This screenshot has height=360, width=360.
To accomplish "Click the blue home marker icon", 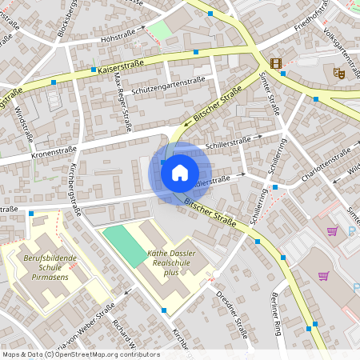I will pyautogui.click(x=180, y=171).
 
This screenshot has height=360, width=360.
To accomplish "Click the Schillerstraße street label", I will pyautogui.click(x=228, y=142).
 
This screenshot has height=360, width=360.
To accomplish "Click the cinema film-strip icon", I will pyautogui.click(x=276, y=63).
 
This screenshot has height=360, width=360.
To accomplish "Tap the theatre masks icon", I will pyautogui.click(x=338, y=73).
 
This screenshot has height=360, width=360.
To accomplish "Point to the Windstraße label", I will pyautogui.click(x=20, y=124).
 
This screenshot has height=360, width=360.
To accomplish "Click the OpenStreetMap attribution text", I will pyautogui.click(x=80, y=354).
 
